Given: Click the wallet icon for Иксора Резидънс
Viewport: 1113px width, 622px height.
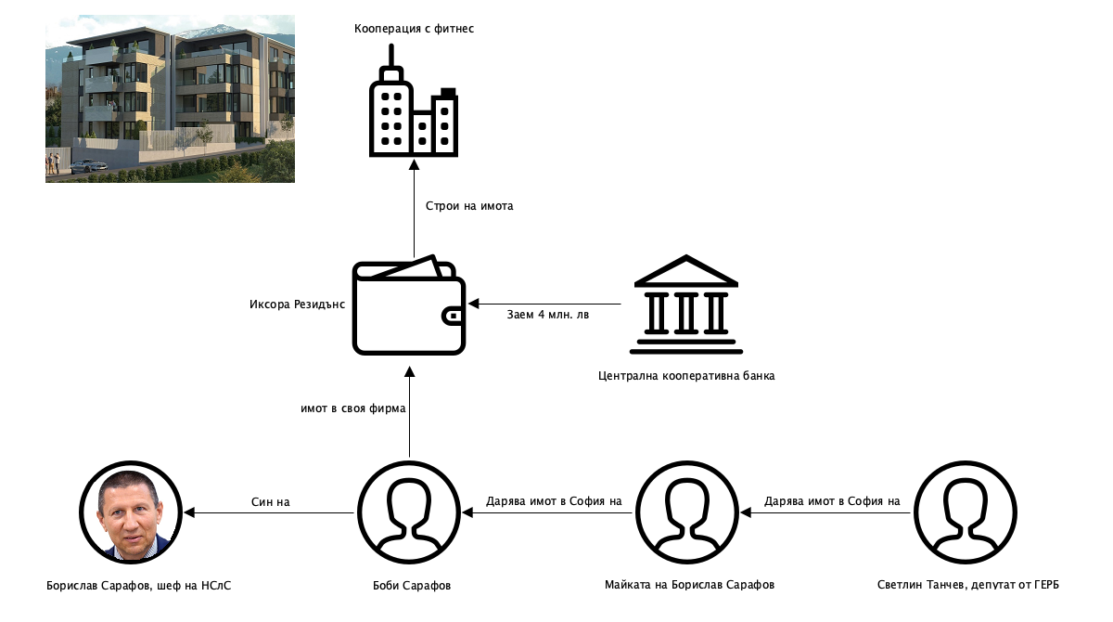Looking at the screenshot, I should pos(408,305).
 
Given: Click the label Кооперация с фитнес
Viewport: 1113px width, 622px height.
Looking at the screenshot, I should pos(414,30).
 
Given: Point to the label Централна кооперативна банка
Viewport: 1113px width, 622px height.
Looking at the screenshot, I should pos(686,376).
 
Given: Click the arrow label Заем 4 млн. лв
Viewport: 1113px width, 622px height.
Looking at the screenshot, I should pos(548,314).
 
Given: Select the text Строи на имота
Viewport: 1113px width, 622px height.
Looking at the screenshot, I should pos(469,206).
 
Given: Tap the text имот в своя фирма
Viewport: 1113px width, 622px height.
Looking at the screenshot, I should pos(353,408).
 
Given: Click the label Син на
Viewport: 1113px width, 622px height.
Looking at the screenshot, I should pos(271,502).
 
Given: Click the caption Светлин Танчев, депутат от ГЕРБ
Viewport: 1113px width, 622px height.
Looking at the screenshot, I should pos(967,586).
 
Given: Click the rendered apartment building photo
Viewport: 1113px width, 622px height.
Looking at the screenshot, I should pos(170,98).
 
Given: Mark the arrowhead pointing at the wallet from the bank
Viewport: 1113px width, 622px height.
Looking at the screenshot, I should pos(473,304).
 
